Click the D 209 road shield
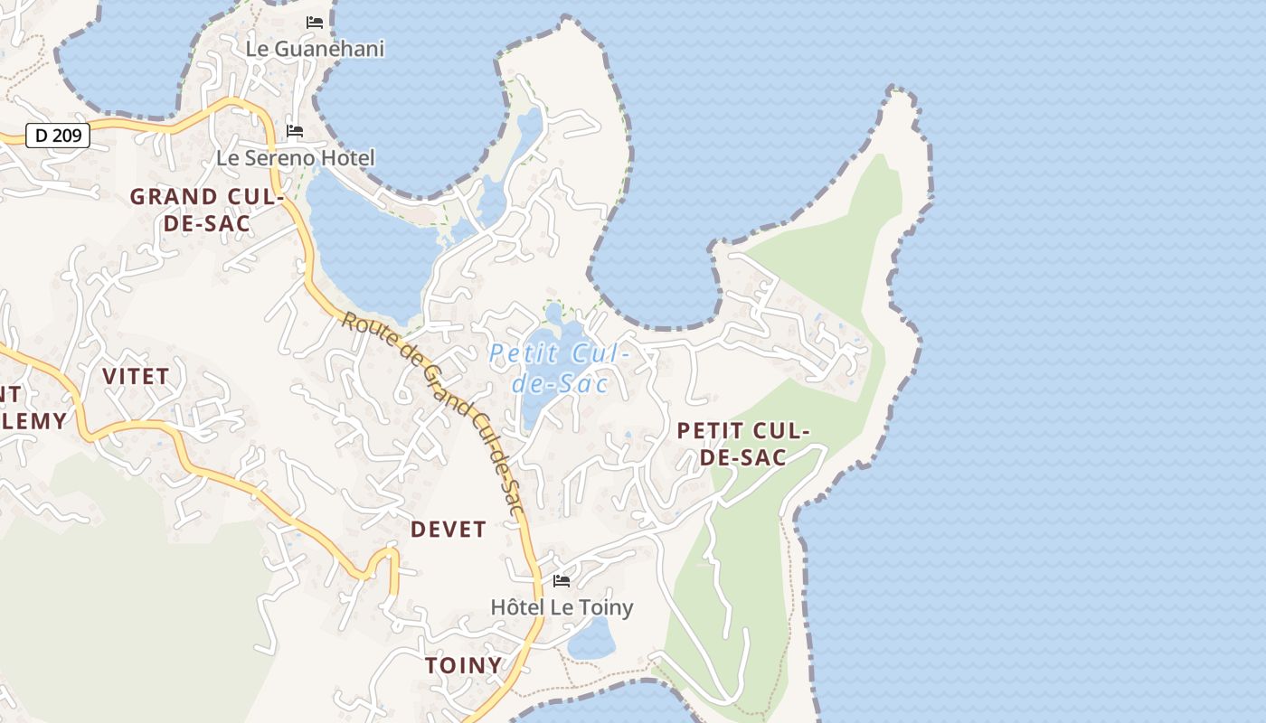pyautogui.click(x=59, y=136)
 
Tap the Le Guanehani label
pyautogui.click(x=315, y=49)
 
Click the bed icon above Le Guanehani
pyautogui.click(x=315, y=23)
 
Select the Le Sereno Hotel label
pyautogui.click(x=295, y=158)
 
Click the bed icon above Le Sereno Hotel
pyautogui.click(x=295, y=132)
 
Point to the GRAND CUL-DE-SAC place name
pyautogui.click(x=207, y=210)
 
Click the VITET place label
pyautogui.click(x=136, y=376)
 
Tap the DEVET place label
pyautogui.click(x=449, y=529)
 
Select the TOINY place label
pyautogui.click(x=463, y=665)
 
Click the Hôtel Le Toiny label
pyautogui.click(x=562, y=606)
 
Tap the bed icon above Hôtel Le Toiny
pyautogui.click(x=562, y=580)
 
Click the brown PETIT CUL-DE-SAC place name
pyautogui.click(x=743, y=444)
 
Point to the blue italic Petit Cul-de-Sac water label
pyautogui.click(x=559, y=369)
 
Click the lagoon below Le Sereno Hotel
pyautogui.click(x=362, y=244)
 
